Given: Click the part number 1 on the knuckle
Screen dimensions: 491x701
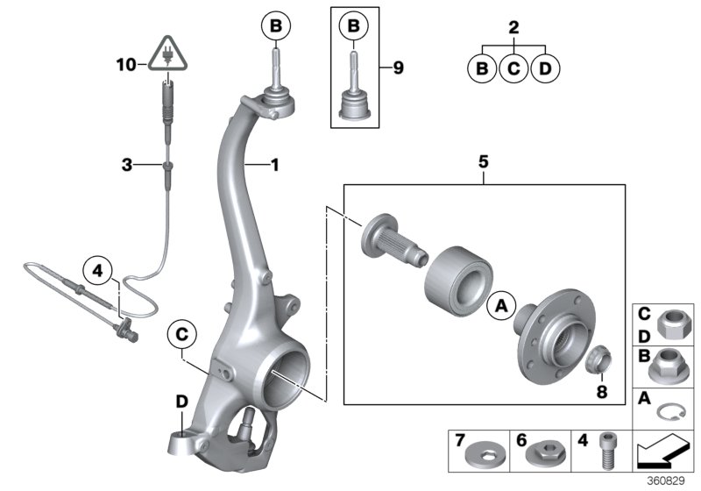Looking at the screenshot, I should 274,163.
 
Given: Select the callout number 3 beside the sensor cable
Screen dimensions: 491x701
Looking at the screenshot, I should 128,164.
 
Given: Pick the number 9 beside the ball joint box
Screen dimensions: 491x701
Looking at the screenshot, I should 398,67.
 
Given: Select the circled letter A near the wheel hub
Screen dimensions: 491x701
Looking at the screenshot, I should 502,305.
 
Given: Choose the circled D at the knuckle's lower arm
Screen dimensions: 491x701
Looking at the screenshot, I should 182,401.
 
